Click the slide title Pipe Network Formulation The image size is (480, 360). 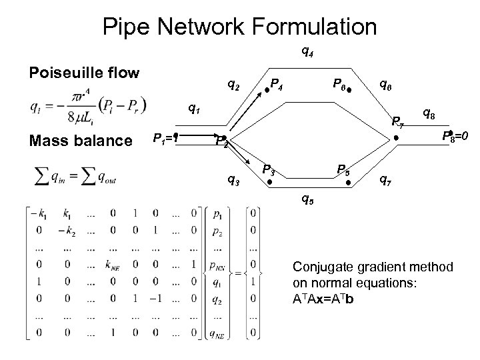click(240, 26)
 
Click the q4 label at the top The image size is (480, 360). click(308, 50)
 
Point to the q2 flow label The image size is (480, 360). click(234, 85)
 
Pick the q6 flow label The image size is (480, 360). click(385, 84)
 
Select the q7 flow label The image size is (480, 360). click(385, 179)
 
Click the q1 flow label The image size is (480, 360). click(194, 106)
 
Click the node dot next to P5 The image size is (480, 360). click(347, 181)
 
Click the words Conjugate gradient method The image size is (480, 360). click(373, 267)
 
